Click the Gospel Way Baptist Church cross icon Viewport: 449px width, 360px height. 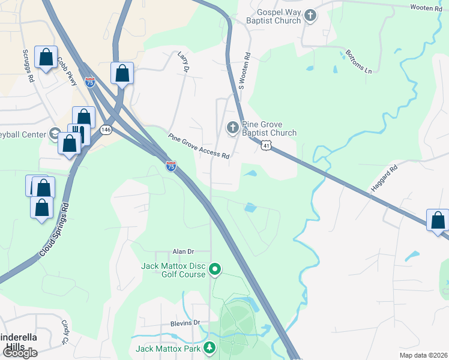(310, 16)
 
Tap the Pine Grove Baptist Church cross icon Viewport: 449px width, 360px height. (232, 128)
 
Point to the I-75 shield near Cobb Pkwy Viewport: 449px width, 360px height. (90, 83)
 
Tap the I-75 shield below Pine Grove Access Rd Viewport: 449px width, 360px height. (171, 166)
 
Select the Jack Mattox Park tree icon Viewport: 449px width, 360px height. (209, 348)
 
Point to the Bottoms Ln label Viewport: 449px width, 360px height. (359, 62)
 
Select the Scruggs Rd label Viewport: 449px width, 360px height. (28, 62)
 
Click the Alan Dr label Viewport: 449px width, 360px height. (184, 252)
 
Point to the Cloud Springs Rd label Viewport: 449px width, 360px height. (55, 230)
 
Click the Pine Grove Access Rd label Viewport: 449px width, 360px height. (199, 146)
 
